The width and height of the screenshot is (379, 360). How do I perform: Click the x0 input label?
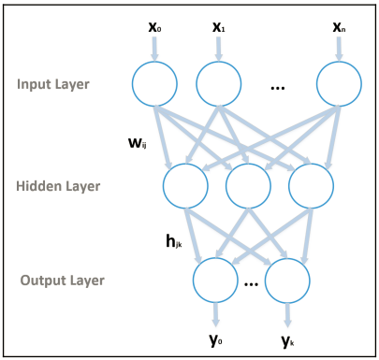coord(154,26)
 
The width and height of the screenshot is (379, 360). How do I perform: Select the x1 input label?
coord(219,26)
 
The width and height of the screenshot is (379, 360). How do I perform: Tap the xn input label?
coord(339,26)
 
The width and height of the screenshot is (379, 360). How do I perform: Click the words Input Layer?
coord(52,85)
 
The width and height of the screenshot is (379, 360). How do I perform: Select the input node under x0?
coord(154,85)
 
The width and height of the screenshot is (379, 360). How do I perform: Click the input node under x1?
coord(219,85)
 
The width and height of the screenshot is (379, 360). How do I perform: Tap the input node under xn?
coord(338,85)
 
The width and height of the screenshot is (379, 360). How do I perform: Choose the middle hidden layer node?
coord(249,186)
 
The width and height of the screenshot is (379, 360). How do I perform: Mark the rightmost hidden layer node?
coord(311,186)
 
